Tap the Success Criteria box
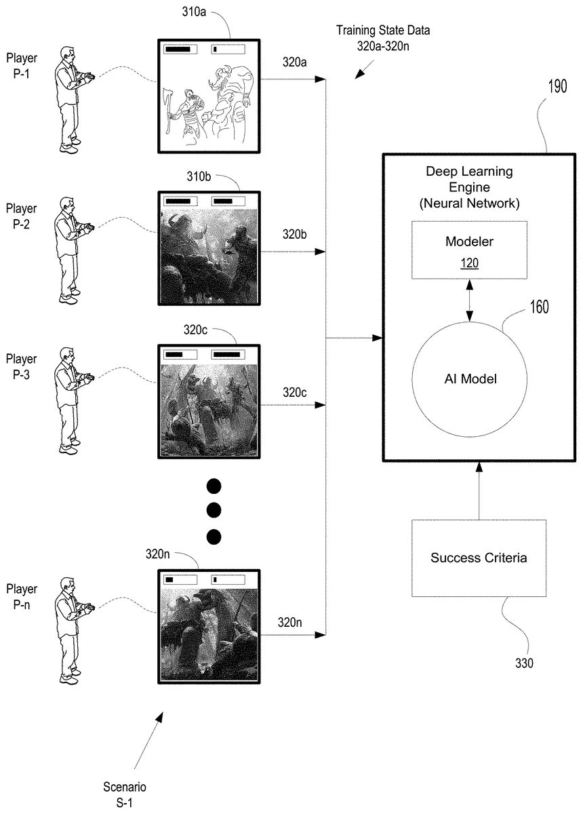[x=479, y=558]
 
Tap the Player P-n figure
[x=71, y=629]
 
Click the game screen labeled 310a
[x=205, y=96]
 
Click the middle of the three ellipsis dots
[x=214, y=510]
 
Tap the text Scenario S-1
[x=124, y=794]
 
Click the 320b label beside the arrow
[x=295, y=235]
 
